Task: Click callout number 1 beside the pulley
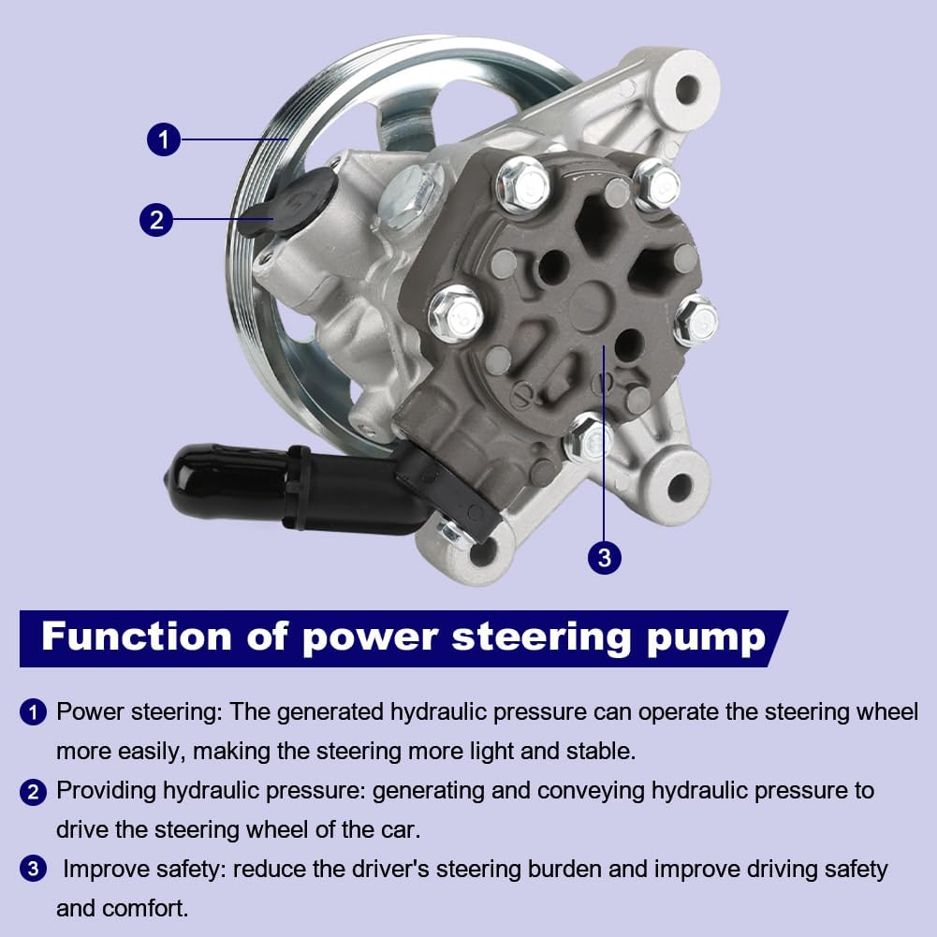coord(164,140)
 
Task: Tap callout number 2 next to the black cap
coord(156,220)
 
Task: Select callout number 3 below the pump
coord(604,558)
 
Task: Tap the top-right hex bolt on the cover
coord(656,184)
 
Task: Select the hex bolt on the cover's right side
coord(695,319)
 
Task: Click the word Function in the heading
coord(136,637)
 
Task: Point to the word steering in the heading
coord(540,637)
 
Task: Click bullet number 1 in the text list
coord(33,712)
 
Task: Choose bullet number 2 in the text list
coord(33,791)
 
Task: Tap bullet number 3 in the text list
coord(33,870)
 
